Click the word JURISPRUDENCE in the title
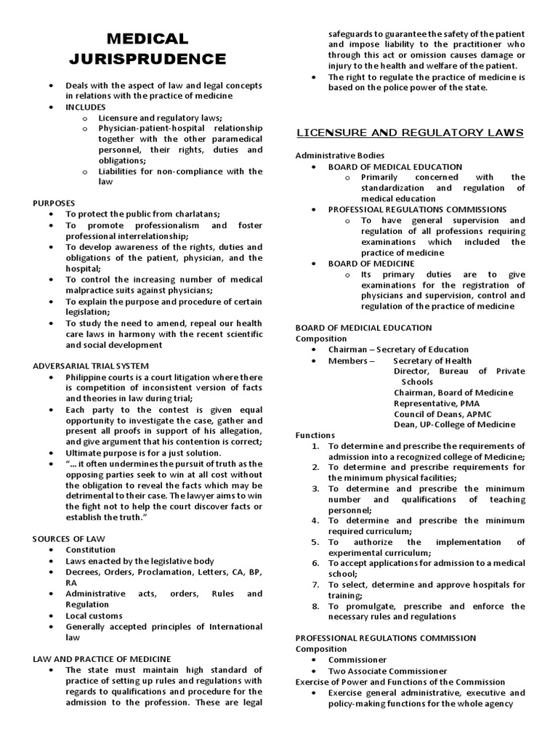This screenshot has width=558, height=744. pyautogui.click(x=158, y=58)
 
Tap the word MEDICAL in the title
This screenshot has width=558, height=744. pyautogui.click(x=147, y=39)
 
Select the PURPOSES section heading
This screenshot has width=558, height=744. pyautogui.click(x=54, y=203)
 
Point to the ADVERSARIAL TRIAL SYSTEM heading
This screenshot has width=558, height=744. pyautogui.click(x=91, y=365)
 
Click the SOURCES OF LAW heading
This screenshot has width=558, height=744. pyautogui.click(x=70, y=538)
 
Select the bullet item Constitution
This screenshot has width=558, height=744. pyautogui.click(x=90, y=550)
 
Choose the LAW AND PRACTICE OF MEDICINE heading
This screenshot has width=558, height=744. pyautogui.click(x=102, y=658)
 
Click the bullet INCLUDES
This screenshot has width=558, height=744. pyautogui.click(x=86, y=107)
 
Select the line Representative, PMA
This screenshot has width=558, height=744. pyautogui.click(x=436, y=403)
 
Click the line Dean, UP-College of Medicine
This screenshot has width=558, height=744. pyautogui.click(x=454, y=424)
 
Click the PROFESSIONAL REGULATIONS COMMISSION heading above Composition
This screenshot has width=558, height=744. pyautogui.click(x=385, y=638)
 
